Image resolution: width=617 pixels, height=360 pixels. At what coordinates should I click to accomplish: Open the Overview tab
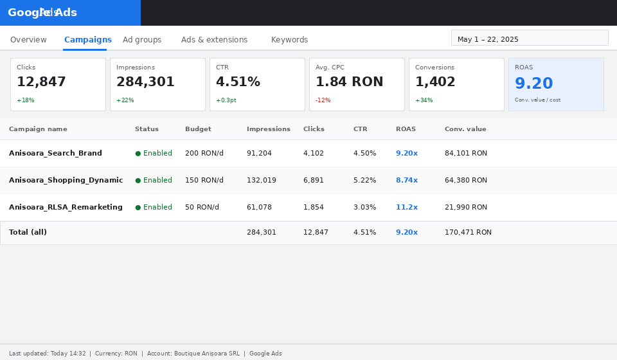(28, 40)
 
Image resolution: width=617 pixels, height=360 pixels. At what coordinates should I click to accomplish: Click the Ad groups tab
(142, 40)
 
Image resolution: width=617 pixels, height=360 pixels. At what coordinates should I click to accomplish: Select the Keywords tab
(290, 40)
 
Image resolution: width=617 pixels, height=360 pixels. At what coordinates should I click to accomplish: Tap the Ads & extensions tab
(215, 40)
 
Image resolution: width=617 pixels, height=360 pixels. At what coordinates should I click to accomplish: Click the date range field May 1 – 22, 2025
(530, 38)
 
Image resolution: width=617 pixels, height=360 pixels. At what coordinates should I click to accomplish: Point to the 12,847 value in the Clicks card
(41, 82)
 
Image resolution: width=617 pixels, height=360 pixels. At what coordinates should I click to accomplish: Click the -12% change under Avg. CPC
(323, 100)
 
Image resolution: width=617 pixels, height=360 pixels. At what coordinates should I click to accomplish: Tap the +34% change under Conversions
(424, 100)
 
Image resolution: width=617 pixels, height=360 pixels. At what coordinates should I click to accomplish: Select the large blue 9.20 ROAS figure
(534, 84)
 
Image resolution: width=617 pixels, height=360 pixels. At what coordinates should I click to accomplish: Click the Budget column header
(199, 129)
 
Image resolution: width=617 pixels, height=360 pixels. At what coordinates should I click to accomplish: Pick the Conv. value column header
(465, 129)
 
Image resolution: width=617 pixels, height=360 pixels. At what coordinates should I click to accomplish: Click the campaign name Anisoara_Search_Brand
(55, 153)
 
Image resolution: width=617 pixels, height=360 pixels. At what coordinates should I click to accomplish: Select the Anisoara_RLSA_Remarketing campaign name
(66, 207)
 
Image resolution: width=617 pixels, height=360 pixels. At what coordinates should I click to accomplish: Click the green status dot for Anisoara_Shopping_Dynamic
(138, 181)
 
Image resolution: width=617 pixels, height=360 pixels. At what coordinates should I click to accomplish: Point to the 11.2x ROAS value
(407, 207)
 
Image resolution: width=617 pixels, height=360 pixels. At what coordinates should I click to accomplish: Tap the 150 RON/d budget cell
(204, 180)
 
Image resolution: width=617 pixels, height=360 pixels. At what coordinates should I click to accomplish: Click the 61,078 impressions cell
(259, 208)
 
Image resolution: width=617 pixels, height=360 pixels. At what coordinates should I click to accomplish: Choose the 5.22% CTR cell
(365, 180)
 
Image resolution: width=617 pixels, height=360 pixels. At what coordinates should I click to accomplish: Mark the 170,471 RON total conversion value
(469, 233)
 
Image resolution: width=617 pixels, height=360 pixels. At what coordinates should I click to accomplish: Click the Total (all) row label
(28, 232)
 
